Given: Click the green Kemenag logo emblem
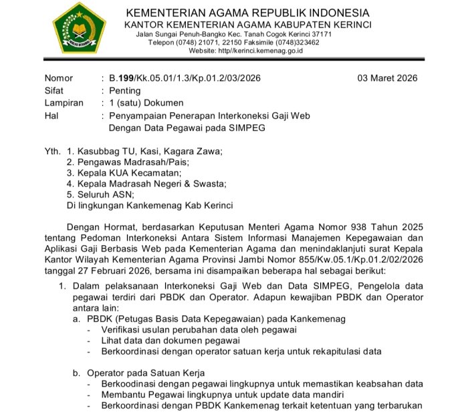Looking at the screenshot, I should coord(79,27).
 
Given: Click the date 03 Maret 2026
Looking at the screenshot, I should coord(388,77).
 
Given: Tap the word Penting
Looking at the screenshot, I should coord(125,90).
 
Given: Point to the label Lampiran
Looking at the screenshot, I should coord(64,103).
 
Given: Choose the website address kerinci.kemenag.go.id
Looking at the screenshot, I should coord(261,51).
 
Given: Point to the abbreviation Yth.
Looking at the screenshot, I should coord(53,152).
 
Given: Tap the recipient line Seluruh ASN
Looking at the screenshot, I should coord(104,194).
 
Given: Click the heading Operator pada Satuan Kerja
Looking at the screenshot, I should coord(145,373).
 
